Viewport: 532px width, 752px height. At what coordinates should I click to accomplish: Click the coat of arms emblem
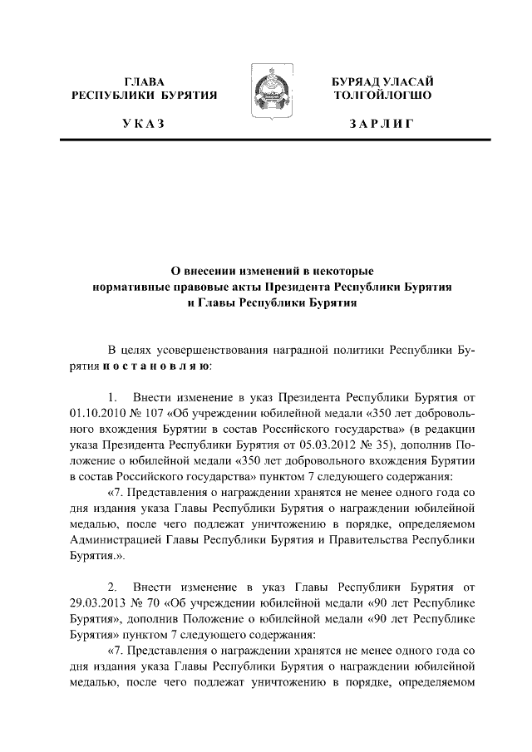coord(266,98)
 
